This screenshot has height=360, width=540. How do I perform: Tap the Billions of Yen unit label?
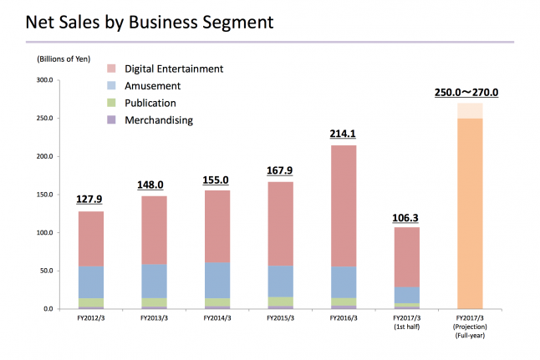65,59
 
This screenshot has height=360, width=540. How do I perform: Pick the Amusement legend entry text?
153,85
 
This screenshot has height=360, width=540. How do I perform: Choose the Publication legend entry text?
150,103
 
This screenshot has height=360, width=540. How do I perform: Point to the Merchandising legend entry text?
159,120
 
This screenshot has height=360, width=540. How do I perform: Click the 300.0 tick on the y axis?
44,80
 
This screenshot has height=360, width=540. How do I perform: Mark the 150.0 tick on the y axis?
44,195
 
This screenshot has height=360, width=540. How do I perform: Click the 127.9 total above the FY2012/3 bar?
91,200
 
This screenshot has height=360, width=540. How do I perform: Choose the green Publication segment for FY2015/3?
280,301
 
